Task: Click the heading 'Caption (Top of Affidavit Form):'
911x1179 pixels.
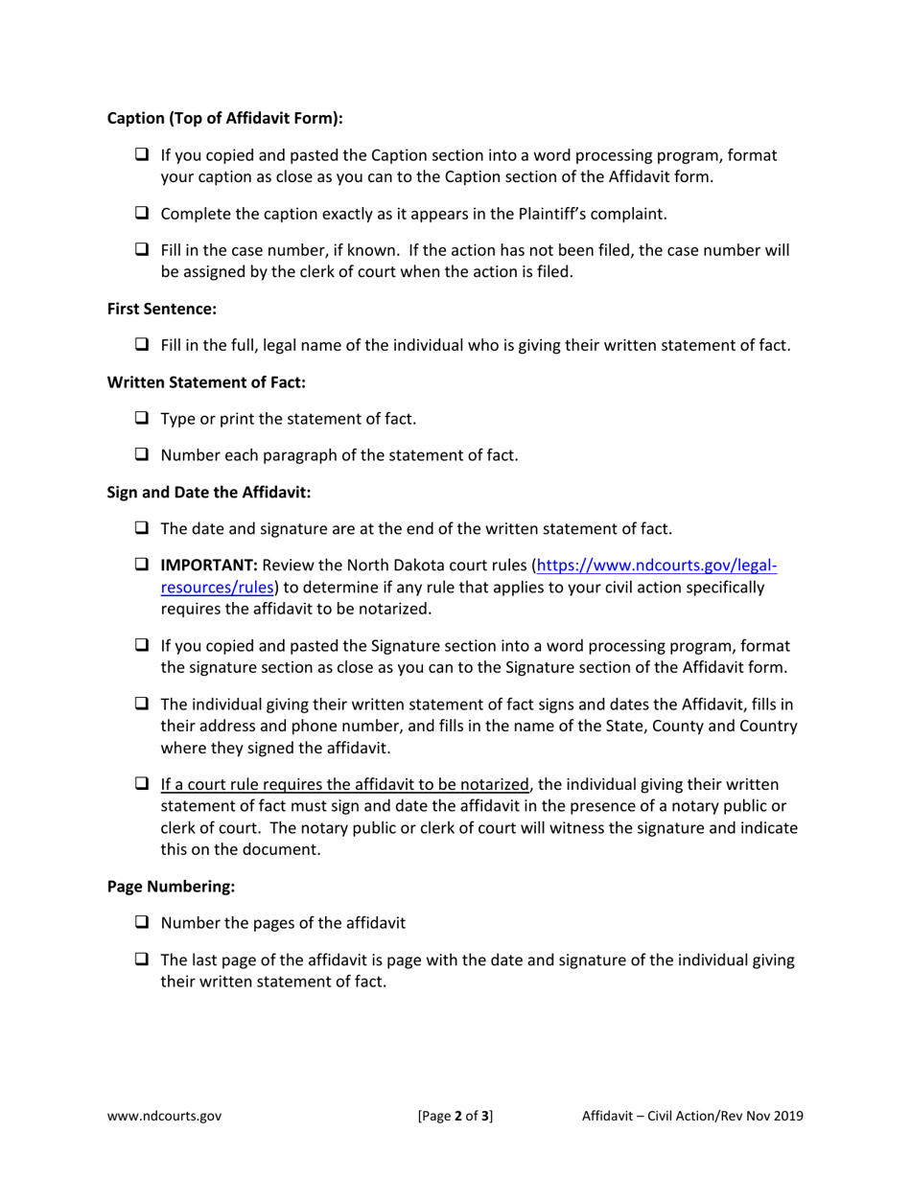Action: click(x=224, y=118)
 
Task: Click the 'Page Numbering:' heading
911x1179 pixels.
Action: click(x=171, y=887)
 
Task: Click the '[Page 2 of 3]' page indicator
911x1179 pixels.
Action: click(x=455, y=1116)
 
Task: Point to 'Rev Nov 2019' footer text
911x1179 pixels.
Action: click(x=761, y=1116)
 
